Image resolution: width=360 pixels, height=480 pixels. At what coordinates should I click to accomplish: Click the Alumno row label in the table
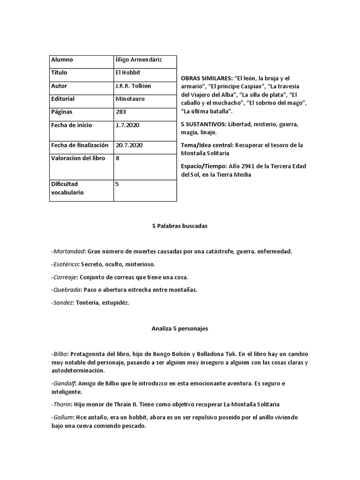pyautogui.click(x=62, y=60)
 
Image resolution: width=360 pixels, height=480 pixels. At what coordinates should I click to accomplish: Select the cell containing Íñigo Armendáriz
pyautogui.click(x=138, y=60)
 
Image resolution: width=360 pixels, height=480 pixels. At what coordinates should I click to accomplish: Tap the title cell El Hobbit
pyautogui.click(x=127, y=73)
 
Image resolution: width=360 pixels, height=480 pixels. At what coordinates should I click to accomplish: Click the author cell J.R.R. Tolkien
pyautogui.click(x=133, y=86)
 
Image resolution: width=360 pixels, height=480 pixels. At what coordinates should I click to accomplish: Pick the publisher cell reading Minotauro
pyautogui.click(x=130, y=99)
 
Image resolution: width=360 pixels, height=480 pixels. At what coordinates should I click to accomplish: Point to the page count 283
pyautogui.click(x=120, y=112)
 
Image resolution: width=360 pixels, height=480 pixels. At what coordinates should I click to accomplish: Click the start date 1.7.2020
pyautogui.click(x=127, y=126)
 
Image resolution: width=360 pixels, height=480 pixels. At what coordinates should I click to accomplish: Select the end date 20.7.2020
pyautogui.click(x=129, y=145)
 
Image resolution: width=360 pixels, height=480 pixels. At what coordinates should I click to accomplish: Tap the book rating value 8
pyautogui.click(x=117, y=158)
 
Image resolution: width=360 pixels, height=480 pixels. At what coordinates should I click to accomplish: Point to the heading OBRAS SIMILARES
pyautogui.click(x=207, y=78)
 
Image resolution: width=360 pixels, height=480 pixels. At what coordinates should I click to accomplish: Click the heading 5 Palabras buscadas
pyautogui.click(x=180, y=226)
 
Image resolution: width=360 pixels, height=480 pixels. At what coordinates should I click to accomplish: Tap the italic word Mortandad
pyautogui.click(x=69, y=252)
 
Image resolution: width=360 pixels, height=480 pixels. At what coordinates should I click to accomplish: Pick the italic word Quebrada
pyautogui.click(x=67, y=290)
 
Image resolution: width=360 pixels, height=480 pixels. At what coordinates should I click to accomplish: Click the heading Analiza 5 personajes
pyautogui.click(x=180, y=329)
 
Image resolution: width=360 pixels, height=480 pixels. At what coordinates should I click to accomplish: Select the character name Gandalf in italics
pyautogui.click(x=65, y=384)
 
